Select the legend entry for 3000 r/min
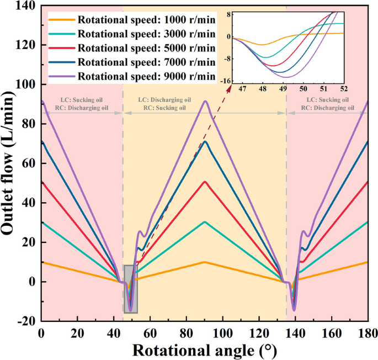coord(146,33)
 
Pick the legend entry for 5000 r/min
coord(146,47)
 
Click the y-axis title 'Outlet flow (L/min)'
coord(10,163)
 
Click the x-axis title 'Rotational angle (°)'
coord(204,350)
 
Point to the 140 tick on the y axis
coord(25,6)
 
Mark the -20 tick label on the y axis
coord(24,321)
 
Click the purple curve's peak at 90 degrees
coord(205,101)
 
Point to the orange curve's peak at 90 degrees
coord(205,262)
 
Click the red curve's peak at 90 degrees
coord(205,182)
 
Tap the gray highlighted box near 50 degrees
coord(131,289)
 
